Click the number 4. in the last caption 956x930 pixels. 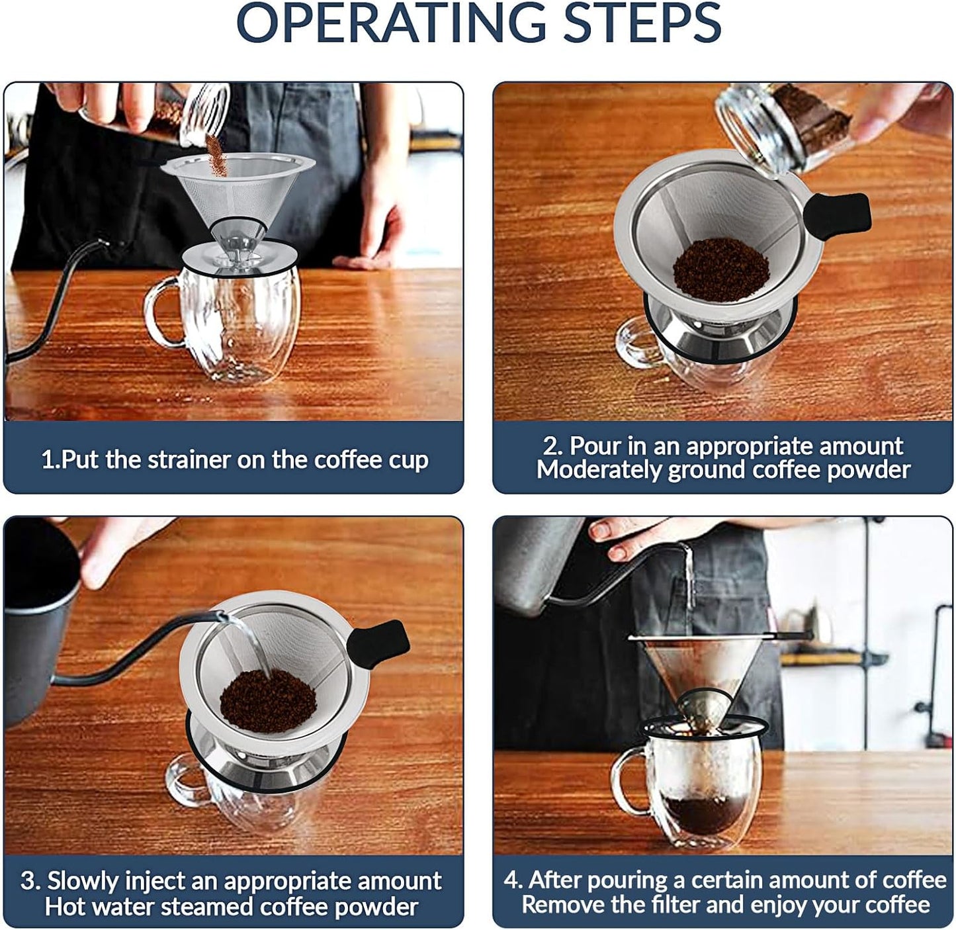(514, 880)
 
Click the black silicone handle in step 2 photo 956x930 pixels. (837, 213)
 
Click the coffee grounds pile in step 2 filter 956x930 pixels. (720, 269)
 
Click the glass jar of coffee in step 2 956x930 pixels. (787, 122)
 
